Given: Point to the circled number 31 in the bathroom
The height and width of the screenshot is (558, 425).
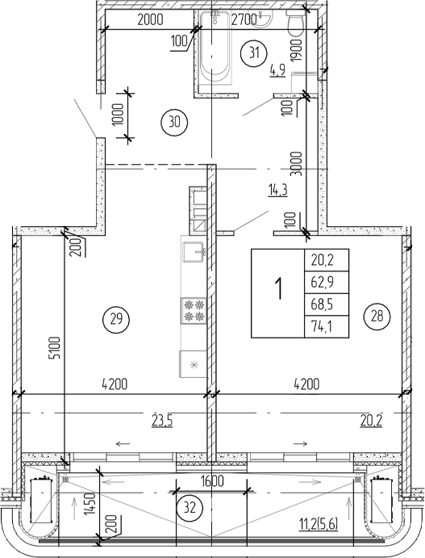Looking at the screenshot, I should coord(254,53).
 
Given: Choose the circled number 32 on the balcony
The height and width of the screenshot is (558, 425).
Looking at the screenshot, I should coord(187,508).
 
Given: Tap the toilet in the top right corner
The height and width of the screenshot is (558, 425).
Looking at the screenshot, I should coord(296,23).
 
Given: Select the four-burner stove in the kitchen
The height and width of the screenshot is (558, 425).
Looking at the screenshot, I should coord(194,312).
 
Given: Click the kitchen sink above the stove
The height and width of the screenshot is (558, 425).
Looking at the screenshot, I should coord(194,254).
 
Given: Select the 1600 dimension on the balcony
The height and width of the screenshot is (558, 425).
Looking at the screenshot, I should coord(213,482).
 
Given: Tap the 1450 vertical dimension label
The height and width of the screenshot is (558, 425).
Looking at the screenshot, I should coord(90,508).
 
